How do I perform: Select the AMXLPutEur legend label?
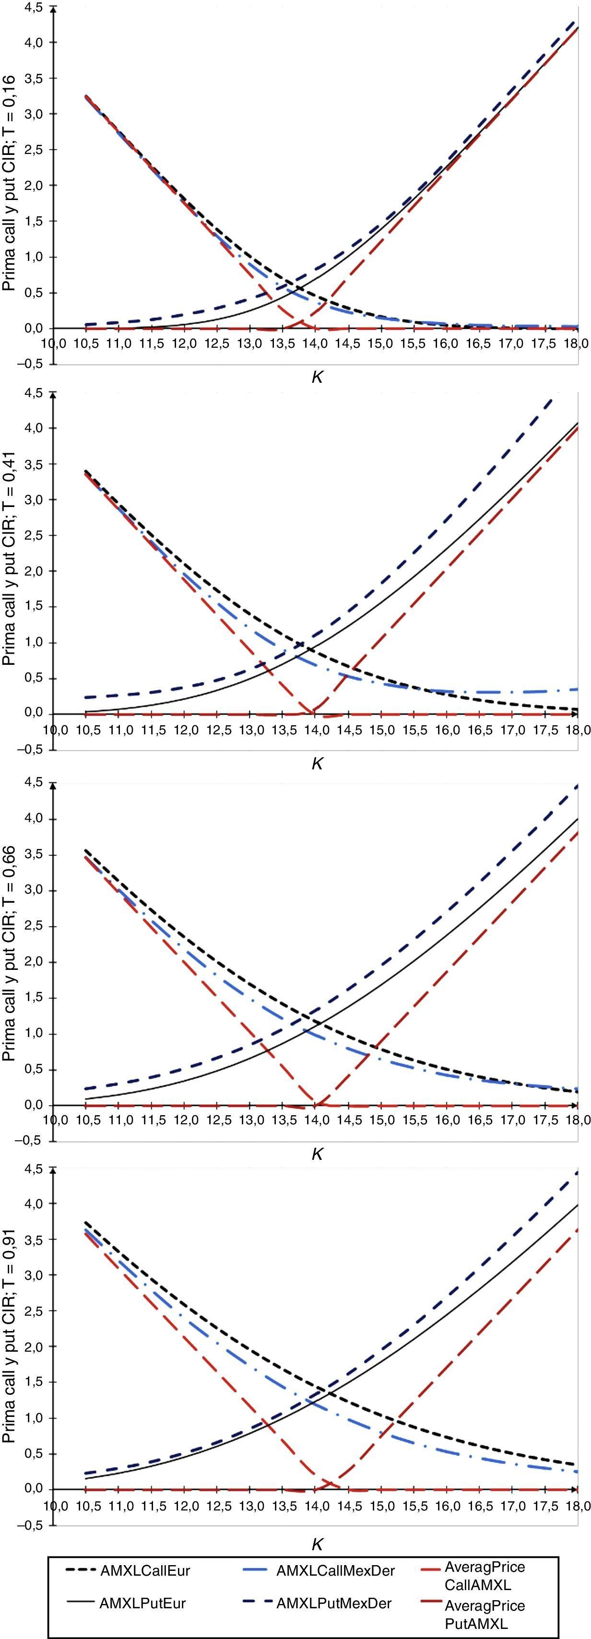point(142,1604)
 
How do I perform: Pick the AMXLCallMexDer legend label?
point(335,1571)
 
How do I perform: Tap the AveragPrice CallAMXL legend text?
point(485,1575)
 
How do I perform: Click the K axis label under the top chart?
point(317,377)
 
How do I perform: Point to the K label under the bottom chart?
point(317,1544)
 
